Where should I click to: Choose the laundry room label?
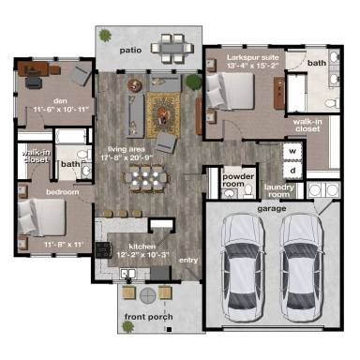pyautogui.click(x=279, y=189)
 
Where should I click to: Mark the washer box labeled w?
pyautogui.click(x=292, y=151)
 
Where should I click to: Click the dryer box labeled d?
pyautogui.click(x=292, y=171)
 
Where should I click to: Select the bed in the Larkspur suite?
pyautogui.click(x=230, y=95)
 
